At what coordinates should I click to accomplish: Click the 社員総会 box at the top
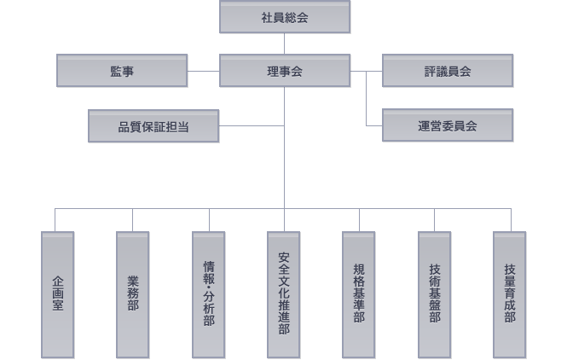coord(284,17)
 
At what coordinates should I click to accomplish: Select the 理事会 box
coord(284,71)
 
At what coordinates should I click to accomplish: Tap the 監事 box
coord(122,71)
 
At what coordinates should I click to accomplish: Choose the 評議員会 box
coord(447,71)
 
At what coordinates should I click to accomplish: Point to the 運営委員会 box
coord(447,125)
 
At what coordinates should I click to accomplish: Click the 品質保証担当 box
coord(153,125)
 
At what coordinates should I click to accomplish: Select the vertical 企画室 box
coord(57,294)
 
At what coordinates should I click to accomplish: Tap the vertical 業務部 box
coord(132,294)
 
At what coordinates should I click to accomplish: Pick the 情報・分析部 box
coord(208,294)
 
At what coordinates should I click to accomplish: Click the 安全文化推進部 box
coord(283,294)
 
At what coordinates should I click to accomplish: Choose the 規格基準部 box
coord(358,294)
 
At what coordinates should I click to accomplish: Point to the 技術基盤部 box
coord(434,294)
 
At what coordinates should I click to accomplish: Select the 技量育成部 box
coord(509,294)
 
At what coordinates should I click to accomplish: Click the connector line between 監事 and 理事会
coord(203,71)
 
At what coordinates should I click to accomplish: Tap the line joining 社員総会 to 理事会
coord(284,44)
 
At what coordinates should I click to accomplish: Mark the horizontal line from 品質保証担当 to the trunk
coord(251,125)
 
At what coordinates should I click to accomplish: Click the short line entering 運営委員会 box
coord(374,125)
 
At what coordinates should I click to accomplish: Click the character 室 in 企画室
coord(57,305)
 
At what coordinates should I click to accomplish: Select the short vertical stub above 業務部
coord(132,219)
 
